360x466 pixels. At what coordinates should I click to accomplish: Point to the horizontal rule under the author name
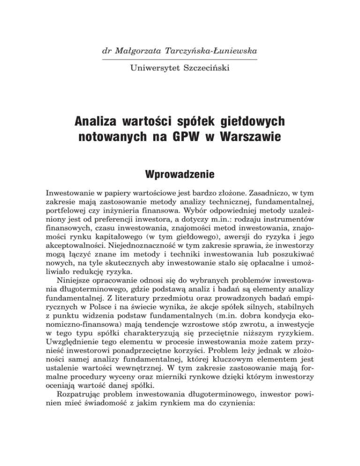click(180, 60)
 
